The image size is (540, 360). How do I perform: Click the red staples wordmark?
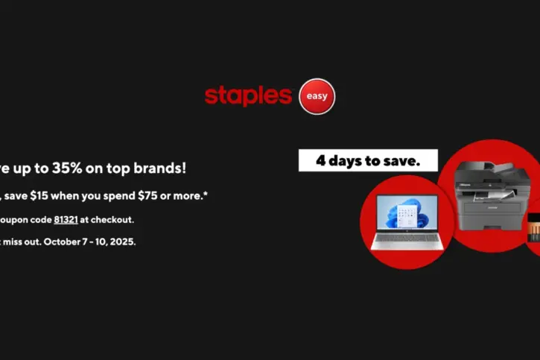tap(248, 95)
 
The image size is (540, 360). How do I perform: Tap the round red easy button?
tap(316, 96)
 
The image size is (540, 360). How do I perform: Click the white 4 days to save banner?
tap(368, 160)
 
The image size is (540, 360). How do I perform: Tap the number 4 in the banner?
tap(319, 160)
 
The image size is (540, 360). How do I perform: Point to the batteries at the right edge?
tap(533, 227)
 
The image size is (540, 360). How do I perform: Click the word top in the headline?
tap(115, 168)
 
